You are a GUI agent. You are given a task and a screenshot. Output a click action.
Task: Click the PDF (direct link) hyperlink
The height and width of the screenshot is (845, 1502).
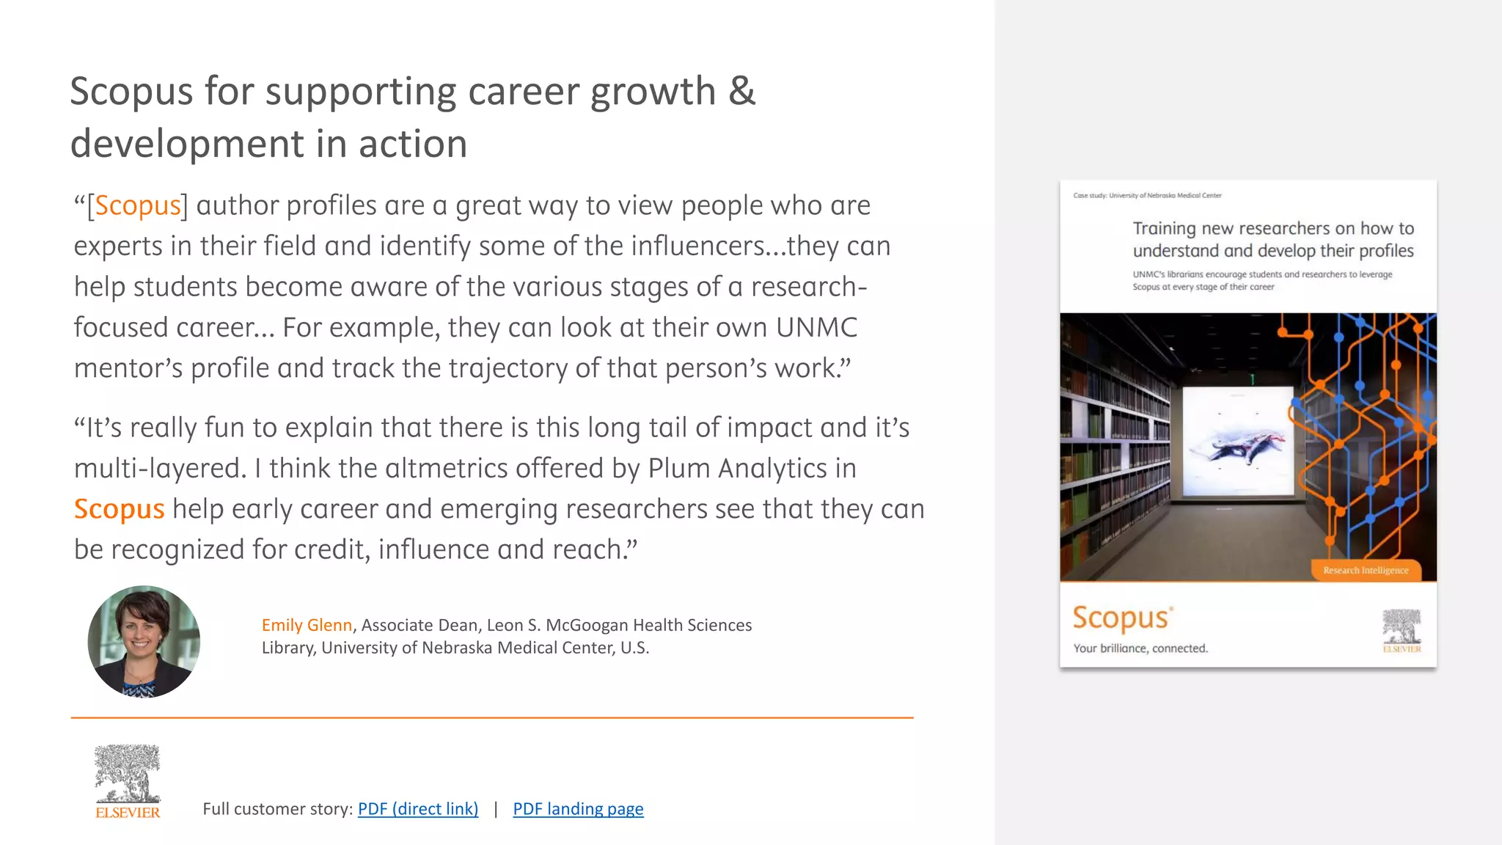tap(417, 808)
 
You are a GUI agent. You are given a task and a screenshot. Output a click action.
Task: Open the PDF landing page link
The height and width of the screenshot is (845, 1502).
tap(578, 808)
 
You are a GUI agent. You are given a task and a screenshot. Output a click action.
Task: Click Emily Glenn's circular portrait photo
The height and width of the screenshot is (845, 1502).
tap(144, 641)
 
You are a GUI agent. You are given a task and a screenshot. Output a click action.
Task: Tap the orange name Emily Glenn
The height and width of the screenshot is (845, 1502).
tap(307, 625)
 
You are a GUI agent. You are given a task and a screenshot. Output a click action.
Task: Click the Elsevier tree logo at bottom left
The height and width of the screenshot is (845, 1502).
tap(128, 780)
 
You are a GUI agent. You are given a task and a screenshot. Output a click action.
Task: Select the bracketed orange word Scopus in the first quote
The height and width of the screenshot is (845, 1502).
tap(138, 205)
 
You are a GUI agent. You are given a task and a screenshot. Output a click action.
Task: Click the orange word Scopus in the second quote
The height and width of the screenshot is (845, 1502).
tap(119, 509)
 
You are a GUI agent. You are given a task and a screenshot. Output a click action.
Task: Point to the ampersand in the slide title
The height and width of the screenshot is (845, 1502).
tap(741, 91)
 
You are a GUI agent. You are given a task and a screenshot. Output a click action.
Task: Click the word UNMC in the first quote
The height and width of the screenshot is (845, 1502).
tap(816, 327)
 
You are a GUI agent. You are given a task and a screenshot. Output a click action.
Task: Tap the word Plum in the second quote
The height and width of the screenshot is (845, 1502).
tap(678, 468)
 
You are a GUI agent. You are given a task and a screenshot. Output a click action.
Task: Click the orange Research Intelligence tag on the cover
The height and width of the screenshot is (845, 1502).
tap(1365, 570)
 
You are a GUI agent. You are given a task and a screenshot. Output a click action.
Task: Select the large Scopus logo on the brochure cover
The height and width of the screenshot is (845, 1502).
tap(1121, 618)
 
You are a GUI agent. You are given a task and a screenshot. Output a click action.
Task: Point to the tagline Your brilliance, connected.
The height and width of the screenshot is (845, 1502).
tap(1140, 648)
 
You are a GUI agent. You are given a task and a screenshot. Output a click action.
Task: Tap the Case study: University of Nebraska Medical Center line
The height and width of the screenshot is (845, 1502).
tap(1147, 195)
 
